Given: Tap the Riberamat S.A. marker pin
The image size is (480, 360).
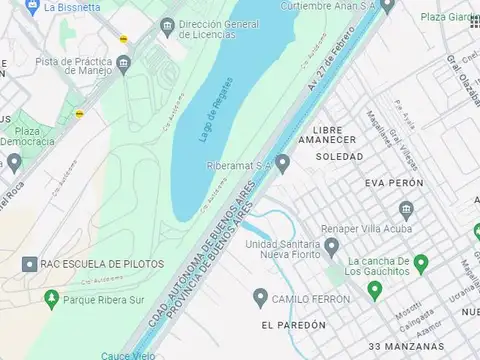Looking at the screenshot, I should (x=283, y=163).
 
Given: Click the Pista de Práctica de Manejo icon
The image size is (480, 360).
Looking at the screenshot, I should (x=123, y=66).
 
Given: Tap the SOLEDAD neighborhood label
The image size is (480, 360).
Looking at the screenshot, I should (x=339, y=157).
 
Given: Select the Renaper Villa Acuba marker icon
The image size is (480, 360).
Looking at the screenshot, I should (x=406, y=209).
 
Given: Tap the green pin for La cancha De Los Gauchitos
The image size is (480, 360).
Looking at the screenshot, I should (x=421, y=264).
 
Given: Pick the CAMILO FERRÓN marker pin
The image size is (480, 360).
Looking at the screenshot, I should (x=261, y=297).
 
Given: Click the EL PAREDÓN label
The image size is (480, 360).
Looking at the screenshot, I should (x=294, y=325).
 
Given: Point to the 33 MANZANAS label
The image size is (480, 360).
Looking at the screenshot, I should (x=403, y=346).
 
